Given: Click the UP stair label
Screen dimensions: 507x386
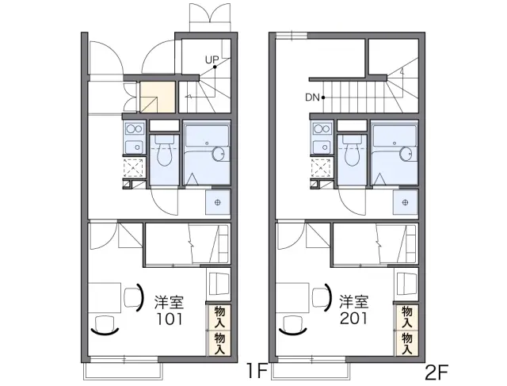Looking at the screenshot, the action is [212, 60].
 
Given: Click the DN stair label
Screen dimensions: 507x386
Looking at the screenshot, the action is [312, 97].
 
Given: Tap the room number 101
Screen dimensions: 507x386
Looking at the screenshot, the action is [170, 319].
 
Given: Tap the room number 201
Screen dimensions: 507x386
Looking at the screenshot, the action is [353, 319].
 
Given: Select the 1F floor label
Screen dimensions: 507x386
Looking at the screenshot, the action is [257, 372].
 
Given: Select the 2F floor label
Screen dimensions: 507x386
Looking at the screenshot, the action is [436, 372].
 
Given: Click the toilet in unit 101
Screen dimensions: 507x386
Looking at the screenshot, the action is [164, 151].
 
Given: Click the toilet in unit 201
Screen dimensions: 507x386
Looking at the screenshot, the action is [352, 151].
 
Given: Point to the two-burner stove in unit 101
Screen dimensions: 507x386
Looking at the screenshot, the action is [134, 128].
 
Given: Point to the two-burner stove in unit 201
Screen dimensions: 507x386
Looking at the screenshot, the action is [322, 128].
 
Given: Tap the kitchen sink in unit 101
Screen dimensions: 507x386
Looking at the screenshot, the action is [134, 147].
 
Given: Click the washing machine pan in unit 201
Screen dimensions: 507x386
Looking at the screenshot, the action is [405, 202].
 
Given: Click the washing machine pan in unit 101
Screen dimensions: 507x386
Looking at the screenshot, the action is [218, 202].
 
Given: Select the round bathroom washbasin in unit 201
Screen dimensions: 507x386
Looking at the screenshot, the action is [406, 154].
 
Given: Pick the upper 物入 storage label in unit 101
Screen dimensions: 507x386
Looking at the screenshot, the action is [219, 317].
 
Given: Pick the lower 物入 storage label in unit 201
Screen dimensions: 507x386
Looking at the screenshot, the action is [407, 344].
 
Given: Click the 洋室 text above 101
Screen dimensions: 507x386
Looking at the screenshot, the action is [169, 302].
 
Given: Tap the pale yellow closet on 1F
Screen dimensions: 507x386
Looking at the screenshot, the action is [158, 97].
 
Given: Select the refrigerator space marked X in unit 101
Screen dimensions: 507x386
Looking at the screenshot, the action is [134, 168].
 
